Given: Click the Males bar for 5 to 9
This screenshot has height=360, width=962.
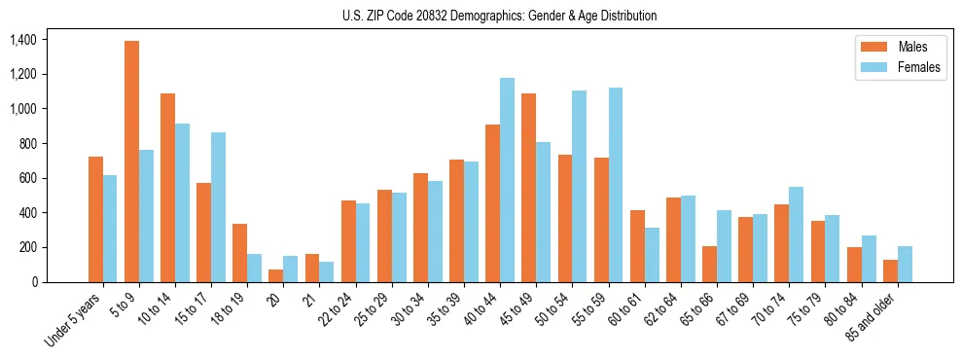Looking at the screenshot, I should point(131,162).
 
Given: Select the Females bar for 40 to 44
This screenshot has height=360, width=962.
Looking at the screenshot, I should point(507,180).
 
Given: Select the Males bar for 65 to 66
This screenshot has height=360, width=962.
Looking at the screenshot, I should point(709,264).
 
